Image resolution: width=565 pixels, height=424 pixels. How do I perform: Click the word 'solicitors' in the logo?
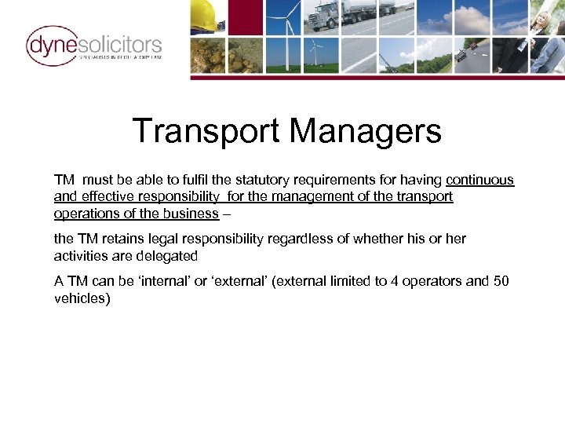pos(119,44)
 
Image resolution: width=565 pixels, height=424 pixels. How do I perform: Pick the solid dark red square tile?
pos(245,17)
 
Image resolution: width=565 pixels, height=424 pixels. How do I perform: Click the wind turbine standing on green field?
pos(314,55)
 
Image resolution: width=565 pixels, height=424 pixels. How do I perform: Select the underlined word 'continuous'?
pos(479,180)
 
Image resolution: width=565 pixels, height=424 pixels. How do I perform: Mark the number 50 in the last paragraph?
pos(501,281)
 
